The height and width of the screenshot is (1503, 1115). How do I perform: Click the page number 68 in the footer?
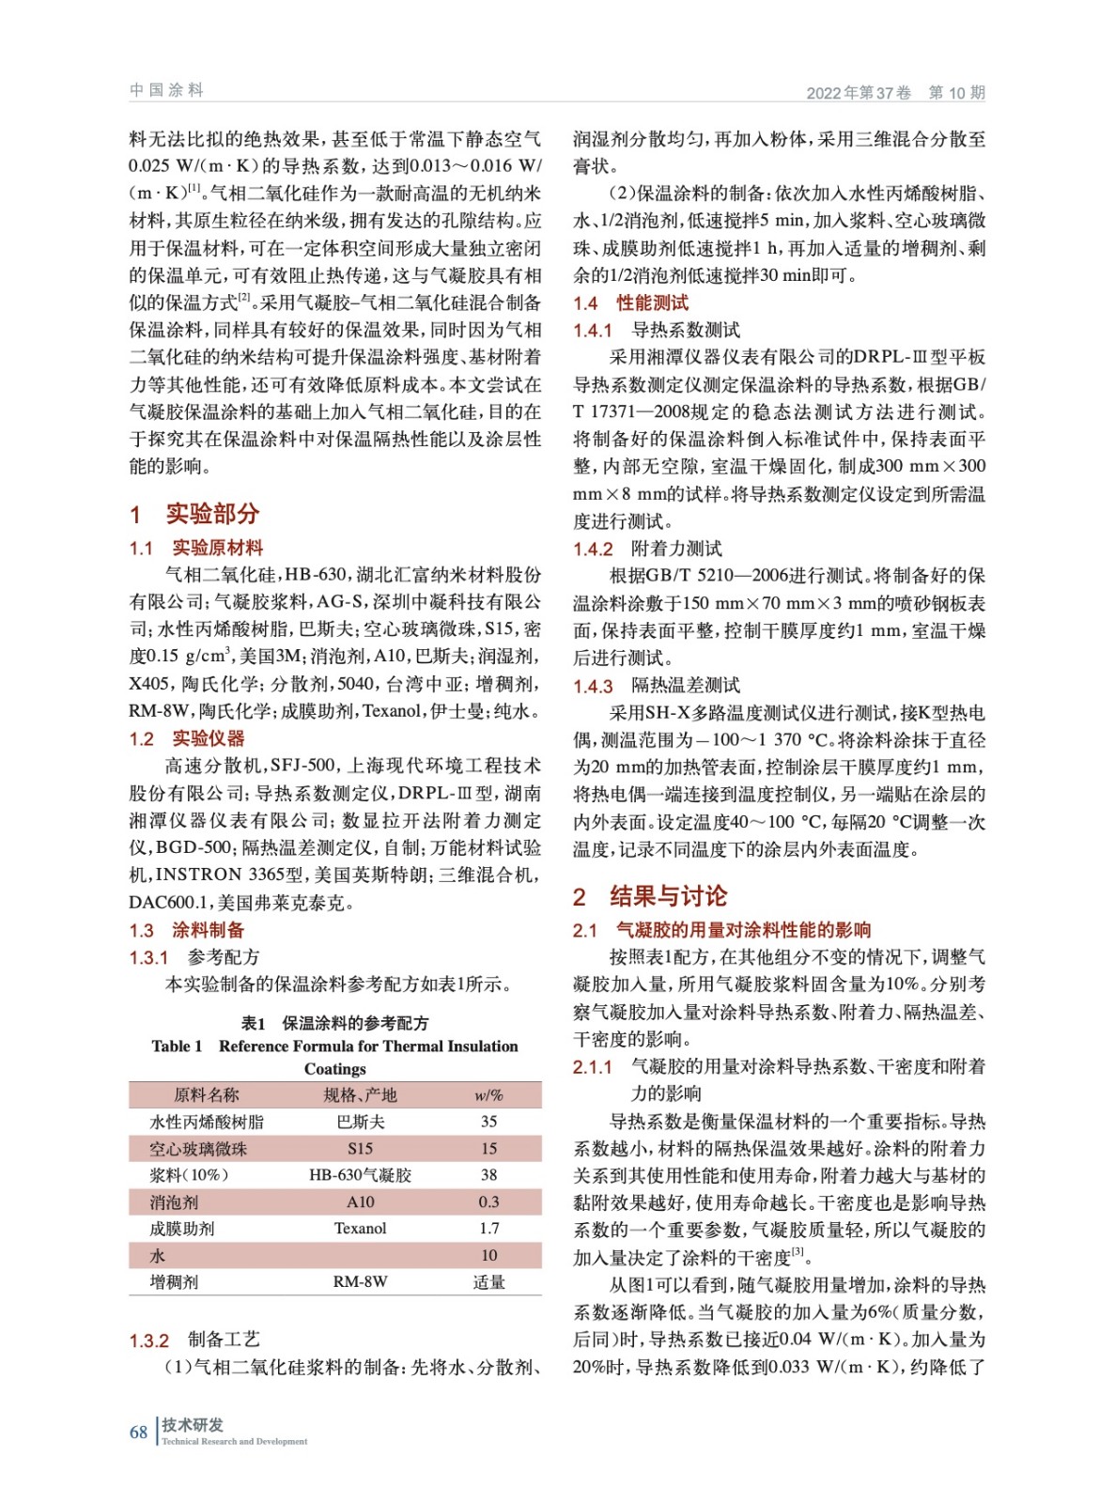pyautogui.click(x=138, y=1432)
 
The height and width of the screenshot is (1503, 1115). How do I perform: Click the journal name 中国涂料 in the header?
pyautogui.click(x=166, y=90)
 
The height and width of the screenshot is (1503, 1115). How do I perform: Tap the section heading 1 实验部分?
pyautogui.click(x=194, y=514)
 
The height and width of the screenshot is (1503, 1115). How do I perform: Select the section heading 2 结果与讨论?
pyautogui.click(x=649, y=896)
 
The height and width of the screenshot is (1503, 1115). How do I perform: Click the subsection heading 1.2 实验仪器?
pyautogui.click(x=186, y=738)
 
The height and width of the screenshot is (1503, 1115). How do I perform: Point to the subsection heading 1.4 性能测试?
pyautogui.click(x=630, y=302)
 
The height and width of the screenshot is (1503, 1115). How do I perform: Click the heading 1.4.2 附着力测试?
pyautogui.click(x=647, y=549)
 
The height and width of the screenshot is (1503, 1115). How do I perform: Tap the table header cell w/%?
pyautogui.click(x=488, y=1094)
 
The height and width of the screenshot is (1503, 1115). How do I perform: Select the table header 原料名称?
pyautogui.click(x=207, y=1094)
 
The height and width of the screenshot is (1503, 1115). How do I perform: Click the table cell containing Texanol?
pyautogui.click(x=360, y=1229)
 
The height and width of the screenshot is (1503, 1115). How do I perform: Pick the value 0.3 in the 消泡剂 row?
pyautogui.click(x=488, y=1201)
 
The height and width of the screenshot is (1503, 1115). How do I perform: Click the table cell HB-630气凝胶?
pyautogui.click(x=360, y=1175)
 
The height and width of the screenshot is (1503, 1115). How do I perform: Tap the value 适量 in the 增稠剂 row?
pyautogui.click(x=488, y=1282)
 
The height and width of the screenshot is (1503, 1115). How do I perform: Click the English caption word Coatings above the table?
pyautogui.click(x=334, y=1069)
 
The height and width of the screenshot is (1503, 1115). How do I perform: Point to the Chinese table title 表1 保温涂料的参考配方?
pyautogui.click(x=334, y=1023)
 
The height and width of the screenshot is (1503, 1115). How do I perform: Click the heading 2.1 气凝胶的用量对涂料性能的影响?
pyautogui.click(x=721, y=930)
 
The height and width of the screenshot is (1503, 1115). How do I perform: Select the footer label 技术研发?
pyautogui.click(x=193, y=1425)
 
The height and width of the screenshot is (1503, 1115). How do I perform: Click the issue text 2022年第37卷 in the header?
pyautogui.click(x=859, y=92)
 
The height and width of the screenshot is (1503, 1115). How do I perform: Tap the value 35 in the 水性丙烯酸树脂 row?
pyautogui.click(x=488, y=1122)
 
